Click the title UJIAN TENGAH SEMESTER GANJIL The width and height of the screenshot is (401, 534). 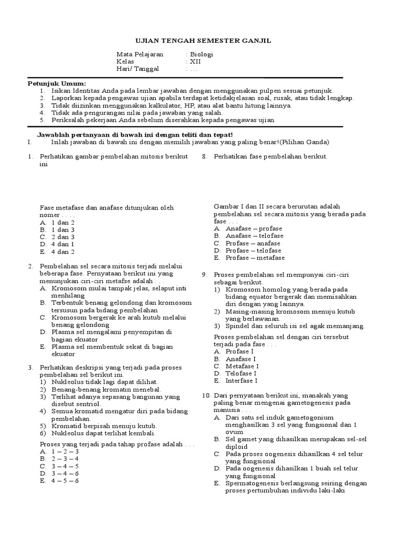point(200,41)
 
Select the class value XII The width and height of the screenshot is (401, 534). point(195,62)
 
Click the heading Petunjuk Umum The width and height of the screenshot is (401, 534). point(57,83)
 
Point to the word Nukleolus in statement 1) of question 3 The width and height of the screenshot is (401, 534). point(67,382)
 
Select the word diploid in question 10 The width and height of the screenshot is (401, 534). point(238,446)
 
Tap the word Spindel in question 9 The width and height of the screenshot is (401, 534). point(237,326)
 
